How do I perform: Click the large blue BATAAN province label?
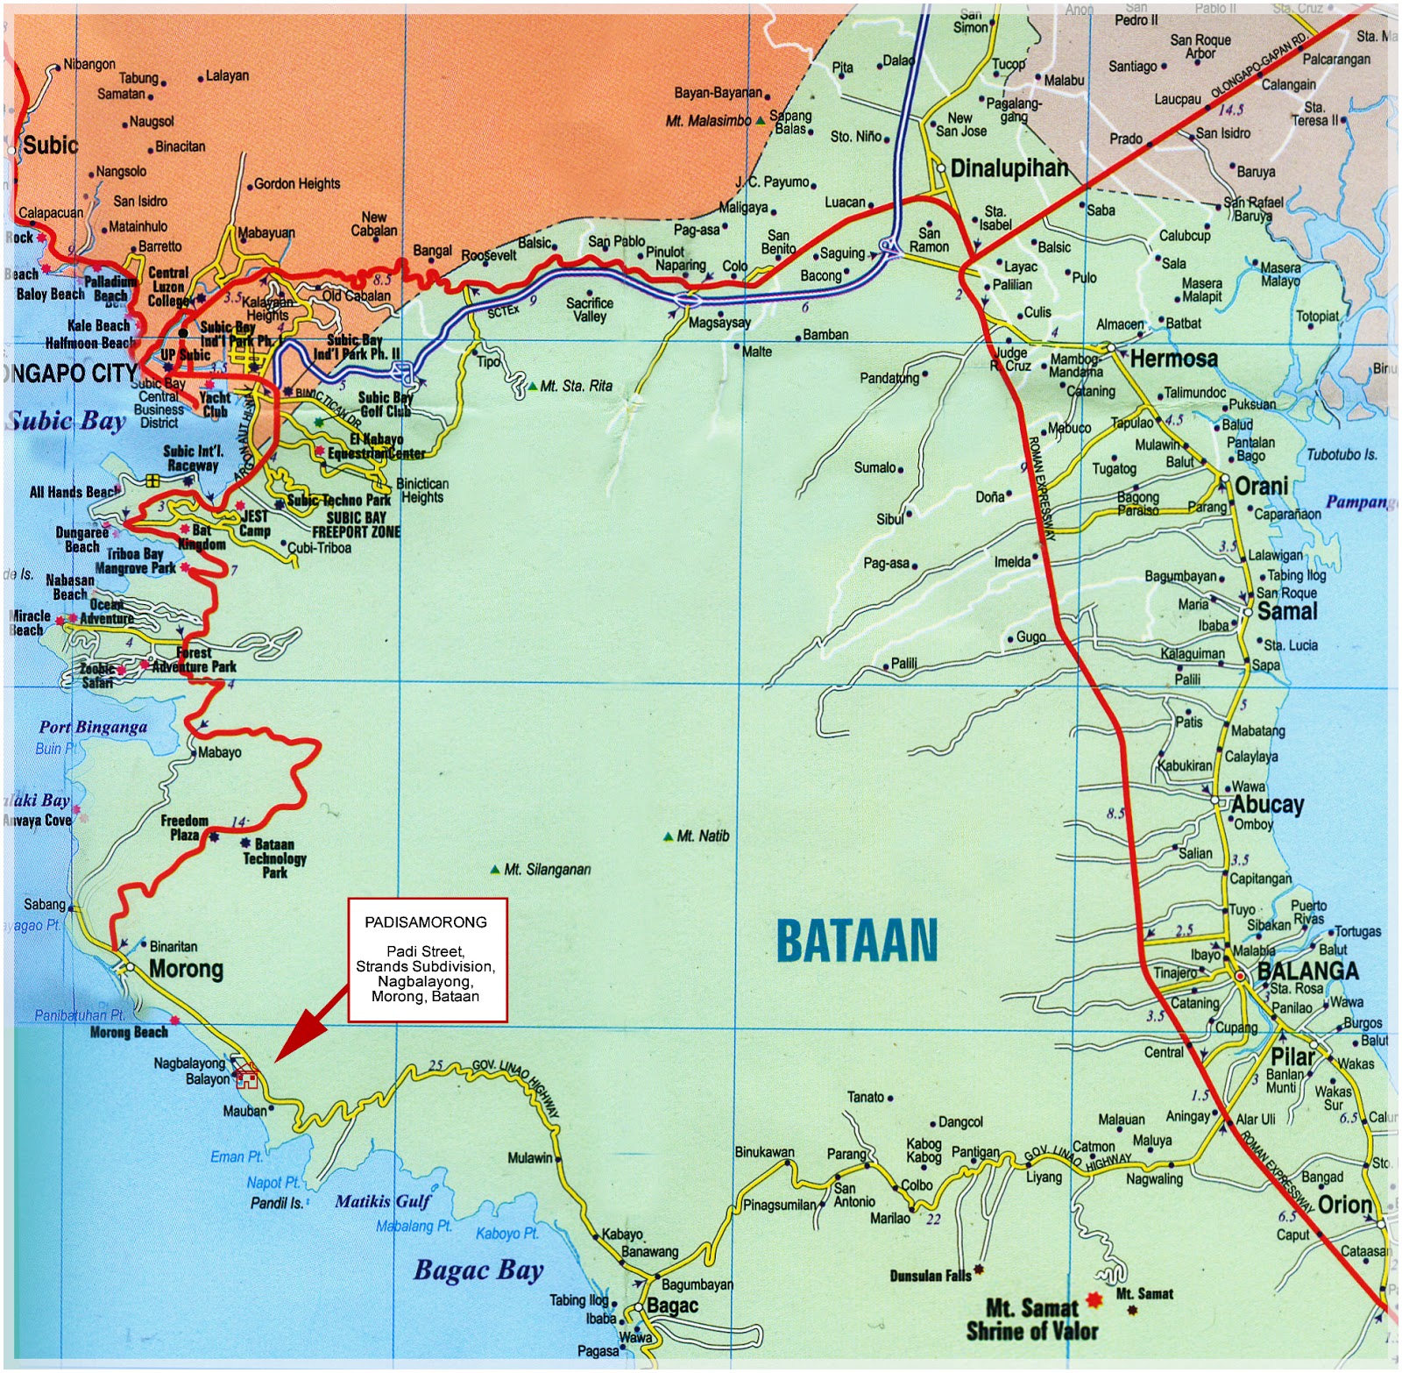point(857,940)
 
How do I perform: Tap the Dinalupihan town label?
point(1009,168)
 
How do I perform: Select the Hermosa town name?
point(1173,359)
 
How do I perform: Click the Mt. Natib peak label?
point(703,836)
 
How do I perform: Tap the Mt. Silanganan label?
point(547,870)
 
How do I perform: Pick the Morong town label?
point(186,969)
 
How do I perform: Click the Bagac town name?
point(672,1305)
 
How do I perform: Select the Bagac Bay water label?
point(478,1270)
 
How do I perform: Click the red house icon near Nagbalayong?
point(247,1074)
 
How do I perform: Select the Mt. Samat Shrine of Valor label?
point(1031,1320)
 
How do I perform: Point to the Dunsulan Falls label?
point(930,1276)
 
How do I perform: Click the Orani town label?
point(1261,486)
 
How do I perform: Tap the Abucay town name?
point(1267,804)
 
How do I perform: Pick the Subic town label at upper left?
point(50,146)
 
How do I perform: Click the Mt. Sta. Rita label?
point(576,386)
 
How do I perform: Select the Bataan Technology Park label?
point(274,858)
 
